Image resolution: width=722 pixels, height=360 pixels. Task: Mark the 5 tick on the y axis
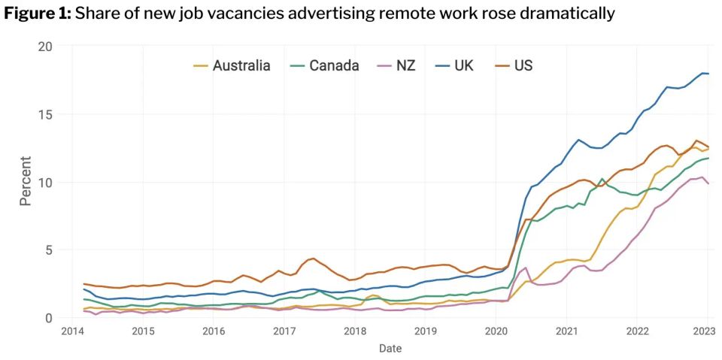tap(48, 250)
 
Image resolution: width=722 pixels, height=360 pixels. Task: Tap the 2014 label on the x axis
tap(72, 331)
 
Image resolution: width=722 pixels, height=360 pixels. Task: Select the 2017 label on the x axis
tap(284, 331)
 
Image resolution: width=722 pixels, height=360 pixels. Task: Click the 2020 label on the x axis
tap(496, 331)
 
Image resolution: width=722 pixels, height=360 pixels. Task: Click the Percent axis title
tap(25, 181)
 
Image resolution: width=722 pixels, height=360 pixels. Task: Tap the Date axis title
tap(390, 348)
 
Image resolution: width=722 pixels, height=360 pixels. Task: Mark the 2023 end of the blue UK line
tap(708, 74)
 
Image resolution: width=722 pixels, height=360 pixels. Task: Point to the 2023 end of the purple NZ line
tap(708, 183)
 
